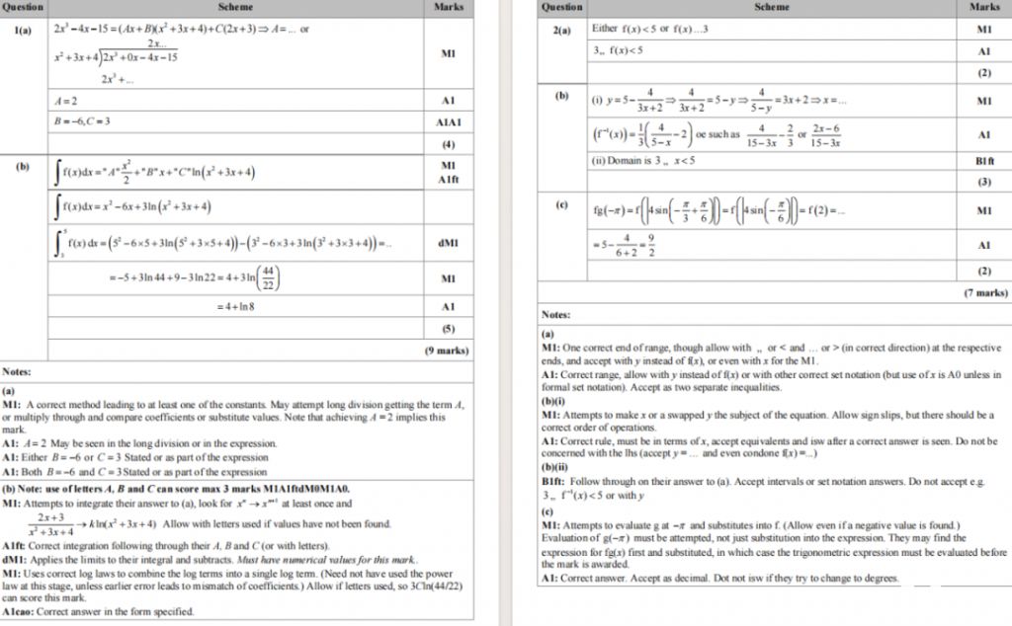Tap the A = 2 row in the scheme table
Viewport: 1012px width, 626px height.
(x=66, y=101)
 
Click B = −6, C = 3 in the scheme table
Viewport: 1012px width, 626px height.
(x=82, y=121)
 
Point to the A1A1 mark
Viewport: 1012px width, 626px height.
(x=448, y=122)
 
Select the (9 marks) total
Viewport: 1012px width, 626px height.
(x=447, y=350)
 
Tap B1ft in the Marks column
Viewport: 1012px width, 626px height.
(x=984, y=160)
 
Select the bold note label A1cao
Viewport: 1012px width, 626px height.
(x=21, y=611)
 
